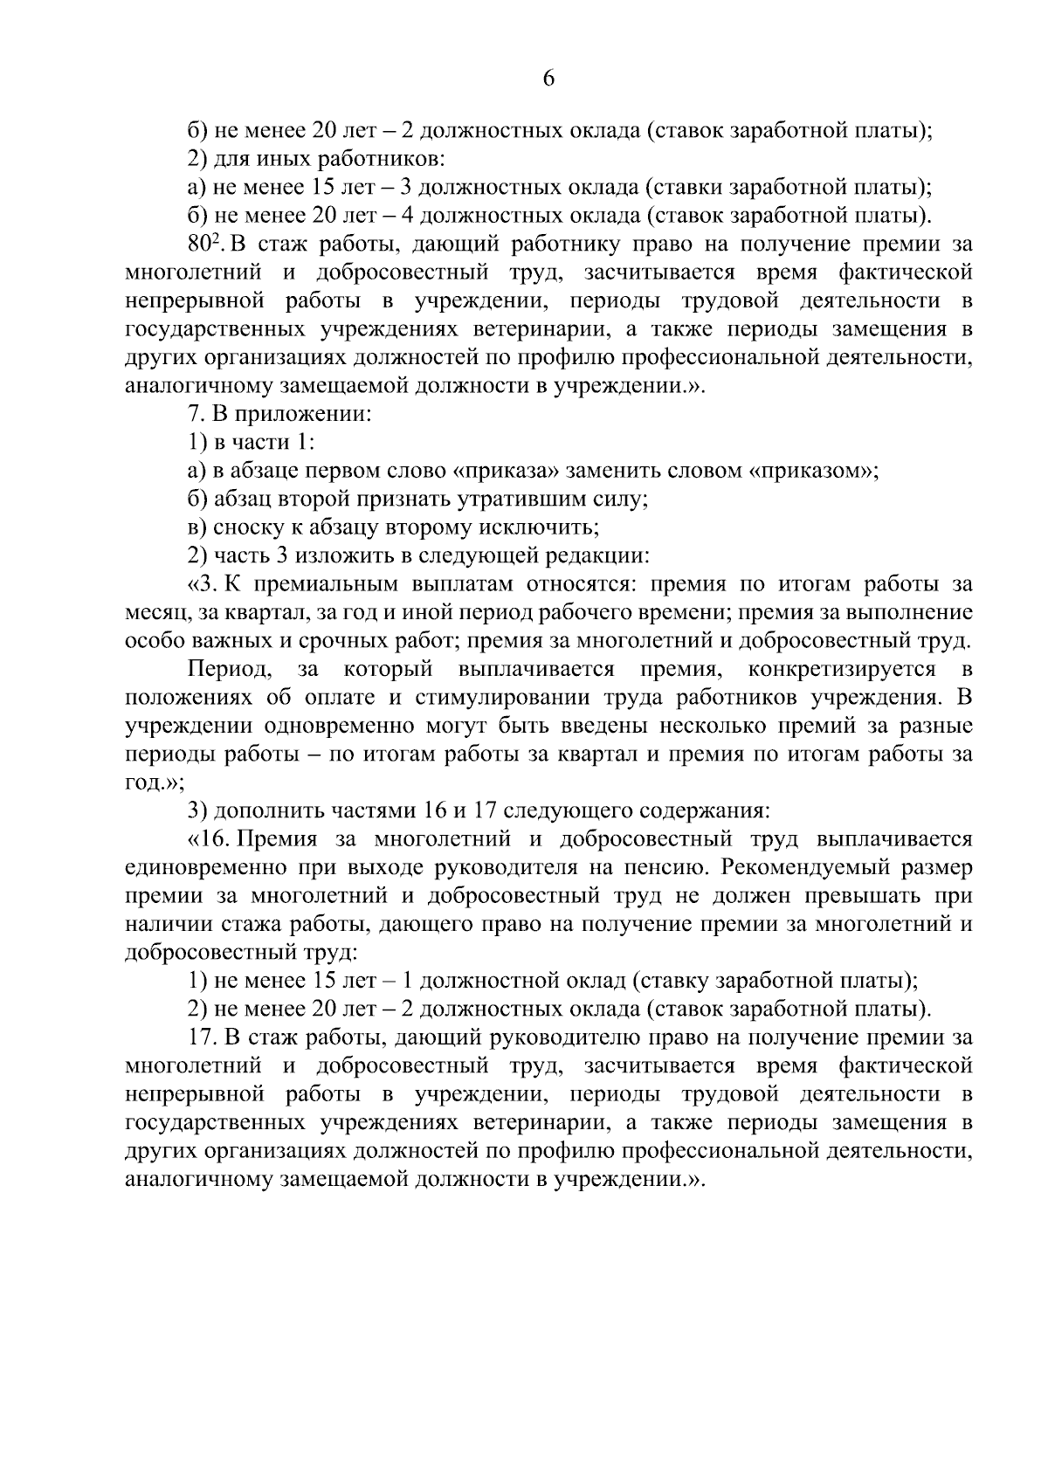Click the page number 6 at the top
[548, 79]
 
